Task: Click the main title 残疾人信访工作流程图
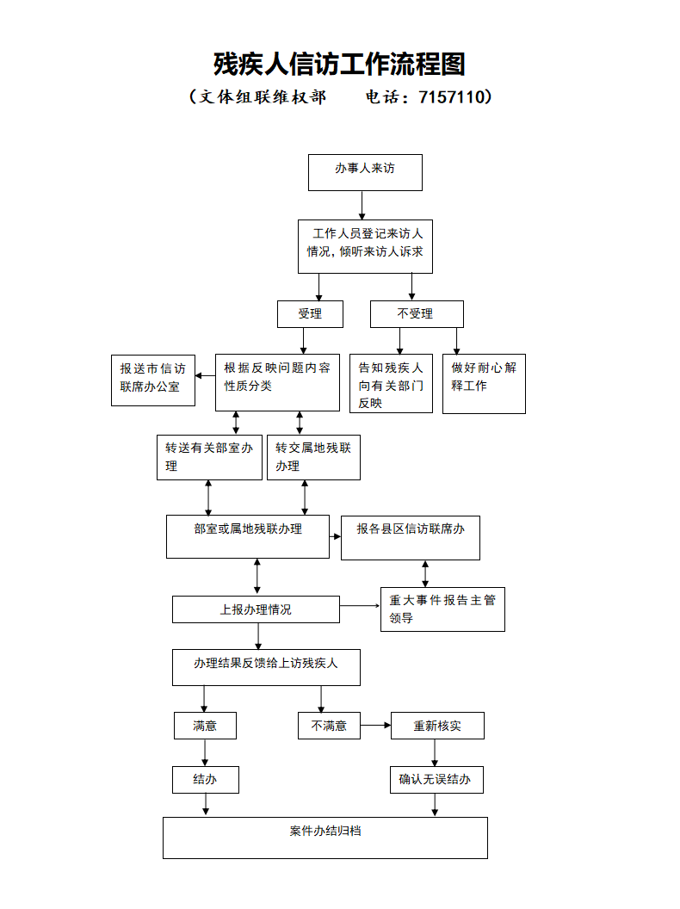[339, 64]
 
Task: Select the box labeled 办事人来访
[365, 172]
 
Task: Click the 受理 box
[310, 314]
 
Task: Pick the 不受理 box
[417, 314]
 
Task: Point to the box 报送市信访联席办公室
[153, 380]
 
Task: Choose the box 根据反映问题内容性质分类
[278, 382]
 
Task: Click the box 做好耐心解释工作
[484, 384]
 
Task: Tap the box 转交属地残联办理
[313, 457]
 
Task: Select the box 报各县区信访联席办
[411, 538]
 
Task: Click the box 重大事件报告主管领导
[443, 609]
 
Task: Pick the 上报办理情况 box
[257, 609]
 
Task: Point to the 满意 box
[205, 726]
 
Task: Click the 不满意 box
[330, 726]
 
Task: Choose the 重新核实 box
[437, 726]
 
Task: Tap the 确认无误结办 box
[436, 780]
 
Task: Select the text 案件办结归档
[325, 831]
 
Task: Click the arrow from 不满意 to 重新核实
[375, 726]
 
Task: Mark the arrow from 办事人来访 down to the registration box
[362, 205]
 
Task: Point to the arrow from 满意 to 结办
[205, 752]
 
